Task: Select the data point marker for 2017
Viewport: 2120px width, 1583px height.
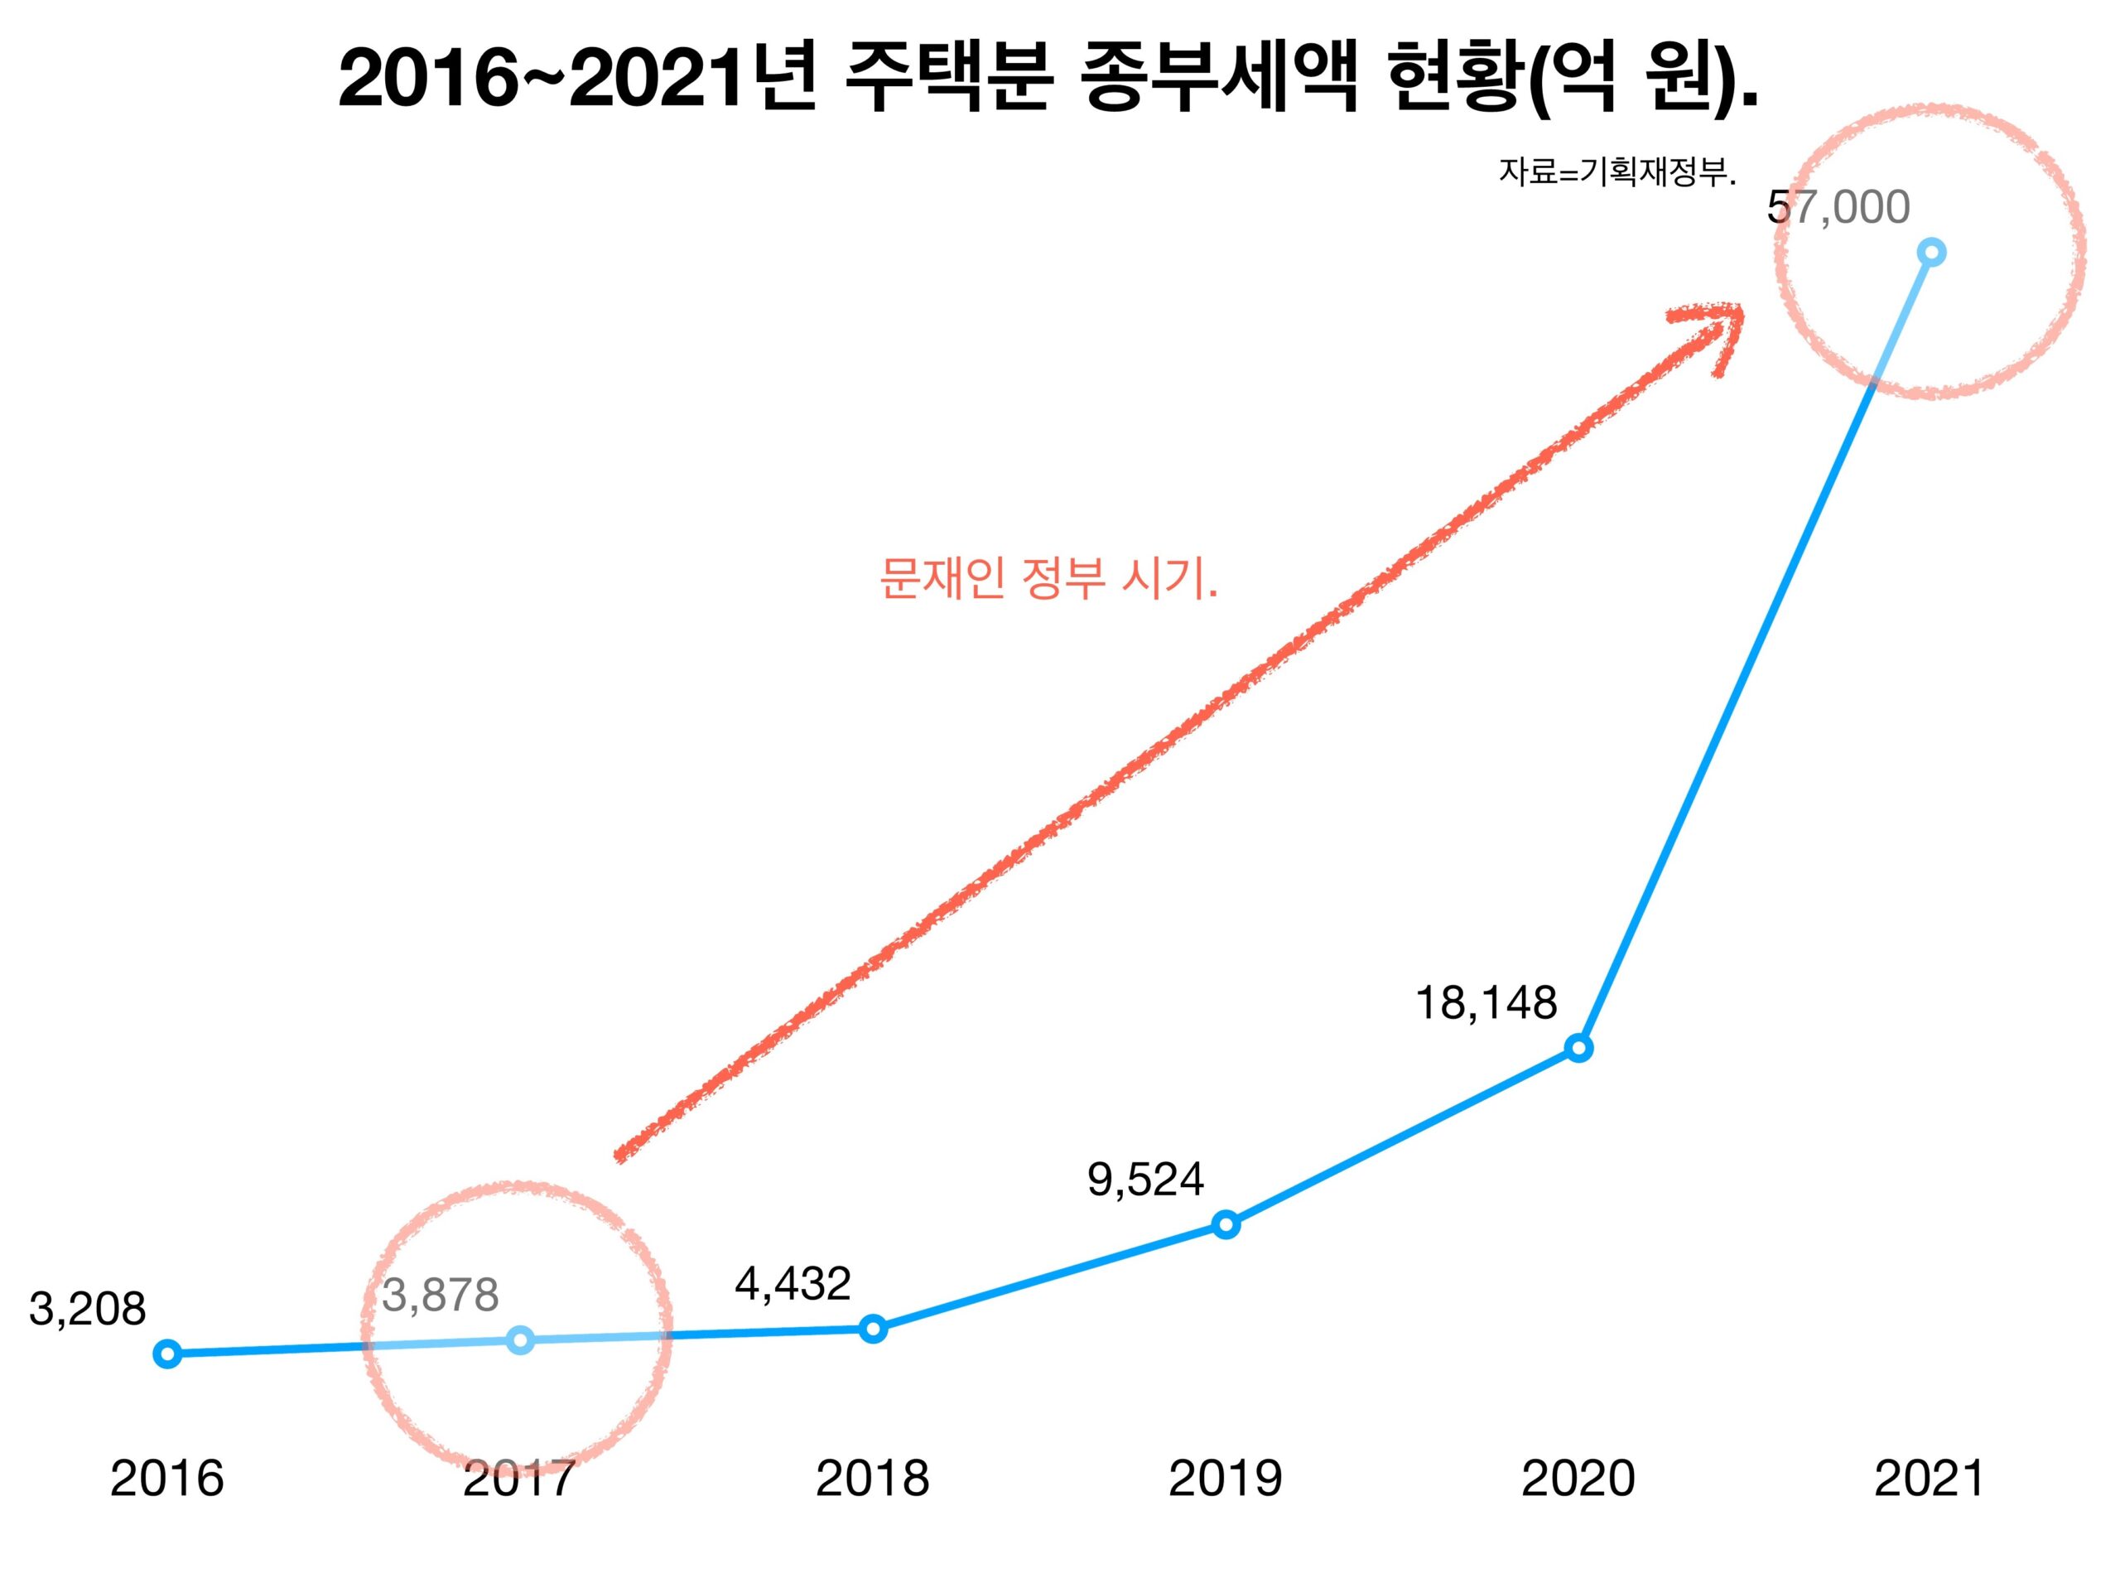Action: pyautogui.click(x=520, y=1339)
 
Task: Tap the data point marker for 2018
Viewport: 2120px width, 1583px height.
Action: pyautogui.click(x=873, y=1328)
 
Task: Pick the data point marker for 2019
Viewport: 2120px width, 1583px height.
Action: pyautogui.click(x=1226, y=1223)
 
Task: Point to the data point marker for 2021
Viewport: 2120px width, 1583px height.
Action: pyautogui.click(x=1931, y=253)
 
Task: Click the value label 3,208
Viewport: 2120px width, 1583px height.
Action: pyautogui.click(x=87, y=1309)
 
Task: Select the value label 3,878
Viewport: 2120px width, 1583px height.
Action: pyautogui.click(x=440, y=1296)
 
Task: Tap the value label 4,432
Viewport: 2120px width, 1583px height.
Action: pyautogui.click(x=793, y=1284)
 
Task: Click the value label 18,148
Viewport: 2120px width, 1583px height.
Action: pyautogui.click(x=1486, y=1003)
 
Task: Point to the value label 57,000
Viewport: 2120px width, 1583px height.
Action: pyautogui.click(x=1838, y=207)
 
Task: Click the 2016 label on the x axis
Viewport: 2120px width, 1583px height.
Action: pyautogui.click(x=166, y=1479)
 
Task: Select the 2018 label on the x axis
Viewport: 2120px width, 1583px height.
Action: pyautogui.click(x=873, y=1479)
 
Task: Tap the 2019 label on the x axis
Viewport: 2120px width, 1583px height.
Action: pyautogui.click(x=1226, y=1479)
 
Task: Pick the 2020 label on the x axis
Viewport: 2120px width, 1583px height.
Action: pyautogui.click(x=1578, y=1479)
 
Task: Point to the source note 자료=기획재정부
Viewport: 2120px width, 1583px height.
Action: pyautogui.click(x=1617, y=172)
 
